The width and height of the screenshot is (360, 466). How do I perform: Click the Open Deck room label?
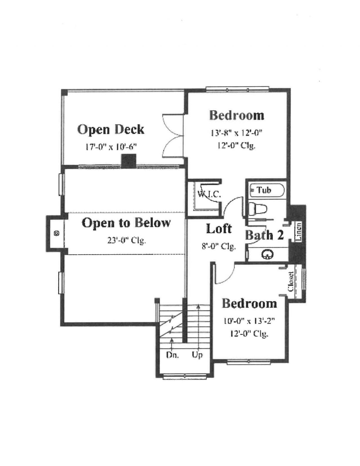tap(111, 130)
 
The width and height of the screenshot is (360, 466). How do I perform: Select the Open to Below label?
tap(126, 223)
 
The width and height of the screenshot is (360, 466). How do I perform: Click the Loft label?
tap(219, 229)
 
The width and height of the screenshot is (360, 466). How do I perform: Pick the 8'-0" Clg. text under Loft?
tap(219, 246)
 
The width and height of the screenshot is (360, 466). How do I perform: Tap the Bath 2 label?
tap(264, 235)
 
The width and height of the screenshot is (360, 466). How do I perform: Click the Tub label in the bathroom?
tap(264, 190)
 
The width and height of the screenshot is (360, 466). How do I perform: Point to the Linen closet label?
tap(299, 231)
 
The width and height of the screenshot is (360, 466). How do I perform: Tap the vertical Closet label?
tap(291, 281)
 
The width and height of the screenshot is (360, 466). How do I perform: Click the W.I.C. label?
tap(209, 194)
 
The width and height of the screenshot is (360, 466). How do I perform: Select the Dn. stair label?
tap(172, 355)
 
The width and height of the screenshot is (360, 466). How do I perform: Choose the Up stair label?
tap(197, 355)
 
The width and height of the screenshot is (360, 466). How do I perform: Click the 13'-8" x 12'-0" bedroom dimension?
tap(236, 132)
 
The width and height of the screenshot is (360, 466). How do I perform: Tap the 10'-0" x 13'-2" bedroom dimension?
tap(249, 321)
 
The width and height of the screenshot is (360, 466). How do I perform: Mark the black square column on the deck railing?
tap(129, 161)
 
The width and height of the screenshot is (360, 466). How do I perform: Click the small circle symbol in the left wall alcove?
tap(57, 233)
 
